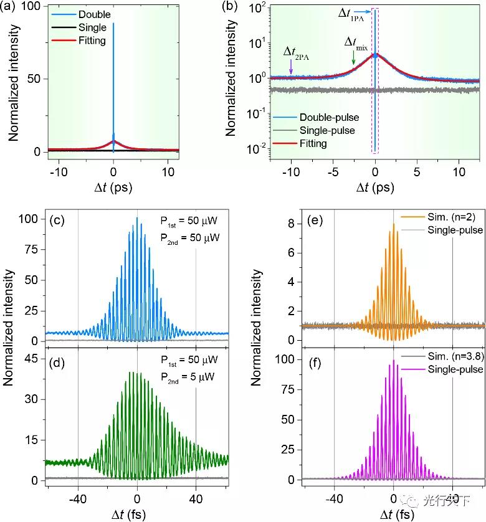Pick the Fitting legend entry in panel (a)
pos(93,40)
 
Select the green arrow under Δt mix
pos(353,58)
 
